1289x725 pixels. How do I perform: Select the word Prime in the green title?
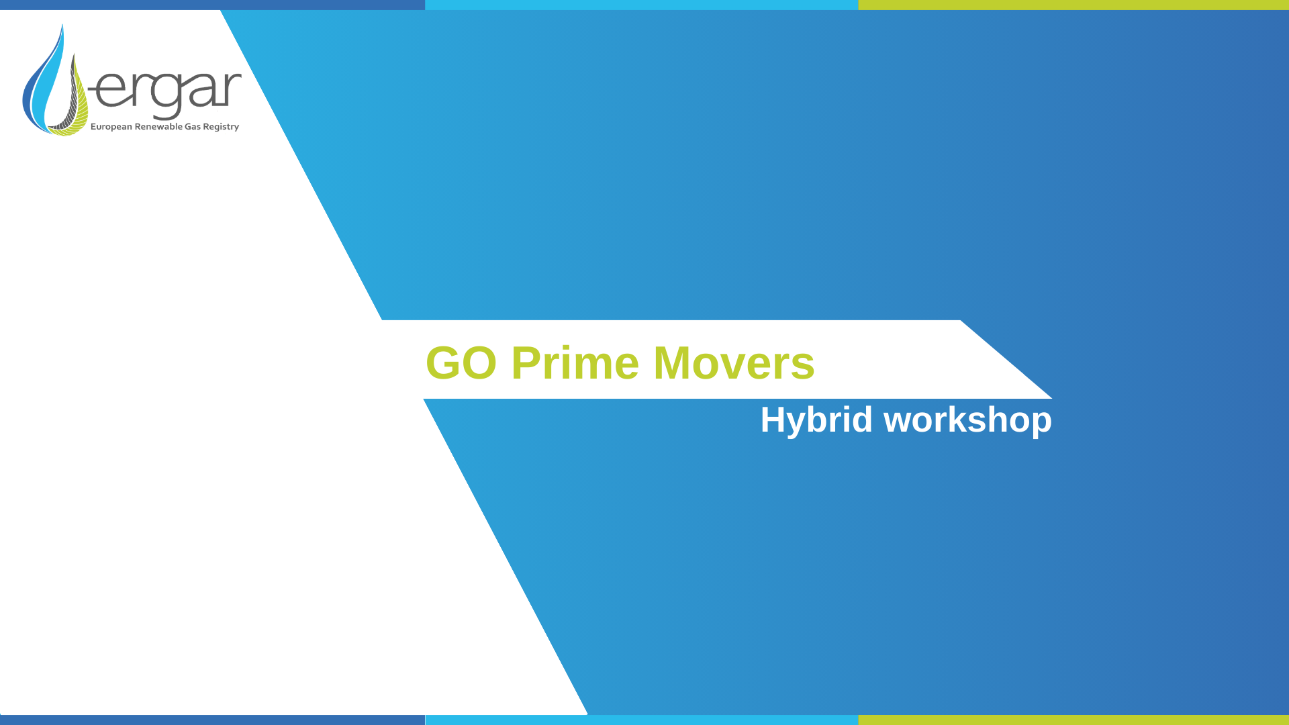tap(575, 363)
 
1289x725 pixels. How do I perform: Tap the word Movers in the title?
tap(734, 363)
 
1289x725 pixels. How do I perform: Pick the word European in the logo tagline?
tap(111, 127)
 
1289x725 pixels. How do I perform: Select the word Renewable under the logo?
tap(158, 126)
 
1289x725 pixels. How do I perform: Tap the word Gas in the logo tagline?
tap(193, 126)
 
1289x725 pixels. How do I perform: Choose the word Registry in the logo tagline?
tap(221, 127)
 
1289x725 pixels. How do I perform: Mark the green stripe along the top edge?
tap(1073, 5)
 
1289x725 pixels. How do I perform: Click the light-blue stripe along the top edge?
tap(641, 5)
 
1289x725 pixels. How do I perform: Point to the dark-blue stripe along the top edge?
tap(212, 5)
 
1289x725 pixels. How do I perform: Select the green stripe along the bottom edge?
tap(1073, 720)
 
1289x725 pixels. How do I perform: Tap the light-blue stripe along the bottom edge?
tap(641, 720)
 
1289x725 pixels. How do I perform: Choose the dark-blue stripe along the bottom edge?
tap(212, 720)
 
